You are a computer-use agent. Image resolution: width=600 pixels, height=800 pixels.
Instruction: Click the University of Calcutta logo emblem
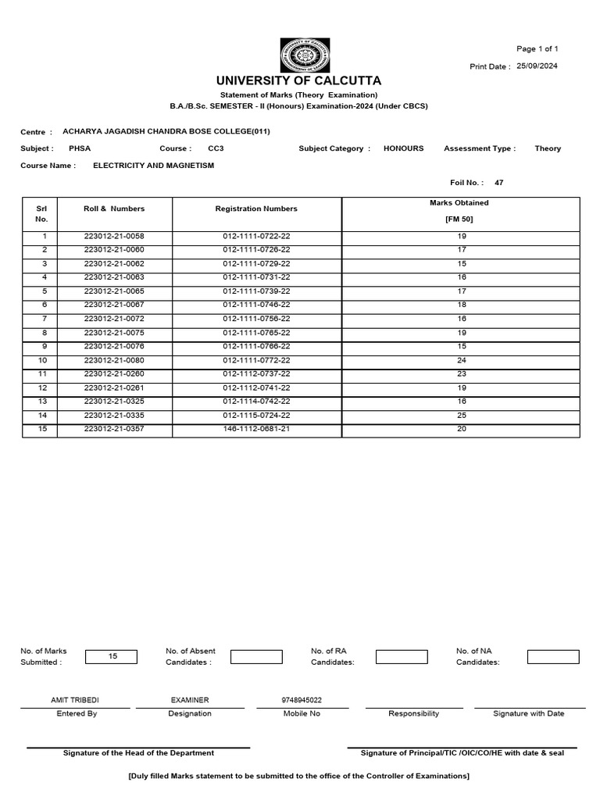click(305, 55)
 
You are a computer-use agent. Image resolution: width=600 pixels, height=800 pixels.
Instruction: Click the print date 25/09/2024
click(537, 66)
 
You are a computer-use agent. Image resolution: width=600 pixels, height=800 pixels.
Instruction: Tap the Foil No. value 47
click(499, 183)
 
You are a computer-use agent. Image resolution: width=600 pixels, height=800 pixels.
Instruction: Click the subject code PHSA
click(80, 148)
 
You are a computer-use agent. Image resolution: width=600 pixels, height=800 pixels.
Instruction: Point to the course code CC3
click(215, 148)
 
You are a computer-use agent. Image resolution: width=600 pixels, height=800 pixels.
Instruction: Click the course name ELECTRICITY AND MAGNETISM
click(153, 166)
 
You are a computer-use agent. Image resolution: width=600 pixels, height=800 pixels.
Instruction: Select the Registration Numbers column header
click(256, 209)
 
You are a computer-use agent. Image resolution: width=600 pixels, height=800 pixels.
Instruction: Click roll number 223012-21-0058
click(114, 236)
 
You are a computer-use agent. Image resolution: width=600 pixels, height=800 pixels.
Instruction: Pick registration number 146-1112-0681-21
click(256, 430)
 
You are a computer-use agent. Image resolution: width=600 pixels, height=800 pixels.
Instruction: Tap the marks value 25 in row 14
click(461, 416)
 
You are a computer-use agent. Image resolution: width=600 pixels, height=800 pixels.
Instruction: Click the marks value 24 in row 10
click(461, 360)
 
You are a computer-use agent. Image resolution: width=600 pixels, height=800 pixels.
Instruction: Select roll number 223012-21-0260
click(114, 374)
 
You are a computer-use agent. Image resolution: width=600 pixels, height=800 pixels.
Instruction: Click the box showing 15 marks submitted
click(111, 657)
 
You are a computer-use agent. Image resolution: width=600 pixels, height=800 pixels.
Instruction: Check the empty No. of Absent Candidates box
click(256, 657)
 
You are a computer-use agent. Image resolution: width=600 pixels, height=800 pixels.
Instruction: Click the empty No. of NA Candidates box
click(553, 657)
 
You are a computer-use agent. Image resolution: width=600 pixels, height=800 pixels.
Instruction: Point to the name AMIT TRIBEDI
click(75, 701)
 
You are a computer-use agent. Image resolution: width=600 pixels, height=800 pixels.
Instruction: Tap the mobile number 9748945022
click(302, 701)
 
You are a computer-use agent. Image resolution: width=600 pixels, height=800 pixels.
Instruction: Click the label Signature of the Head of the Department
click(138, 753)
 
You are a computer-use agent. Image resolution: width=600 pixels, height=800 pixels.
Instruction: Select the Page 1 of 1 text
click(537, 49)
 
